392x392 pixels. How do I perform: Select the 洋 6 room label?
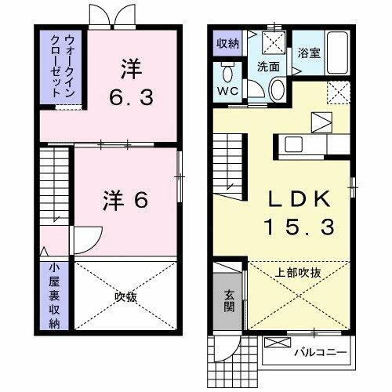click(125, 201)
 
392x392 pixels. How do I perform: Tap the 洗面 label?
click(269, 67)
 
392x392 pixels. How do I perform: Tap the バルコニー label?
click(321, 352)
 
